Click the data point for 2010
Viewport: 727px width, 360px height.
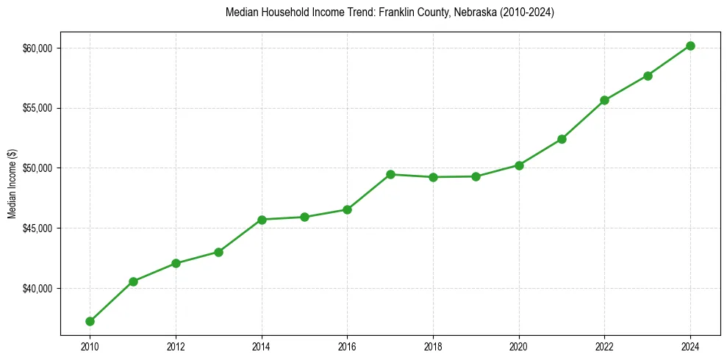[x=90, y=321]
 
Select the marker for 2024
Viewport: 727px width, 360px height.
[x=690, y=46]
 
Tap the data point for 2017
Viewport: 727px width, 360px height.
[x=390, y=174]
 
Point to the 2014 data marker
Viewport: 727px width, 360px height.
[x=262, y=220]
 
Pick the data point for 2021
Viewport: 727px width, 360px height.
[x=562, y=139]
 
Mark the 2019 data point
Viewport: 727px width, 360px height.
[x=476, y=176]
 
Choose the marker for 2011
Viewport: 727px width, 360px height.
[x=133, y=281]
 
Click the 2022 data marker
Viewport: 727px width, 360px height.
[x=604, y=100]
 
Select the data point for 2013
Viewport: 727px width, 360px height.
[x=218, y=252]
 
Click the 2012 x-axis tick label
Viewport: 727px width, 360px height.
[x=176, y=345]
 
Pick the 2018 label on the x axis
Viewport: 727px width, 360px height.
[x=433, y=345]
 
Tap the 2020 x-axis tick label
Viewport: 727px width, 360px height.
[x=519, y=345]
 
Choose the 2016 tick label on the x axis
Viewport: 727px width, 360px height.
[x=347, y=345]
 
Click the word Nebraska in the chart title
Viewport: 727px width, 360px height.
[x=459, y=12]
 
